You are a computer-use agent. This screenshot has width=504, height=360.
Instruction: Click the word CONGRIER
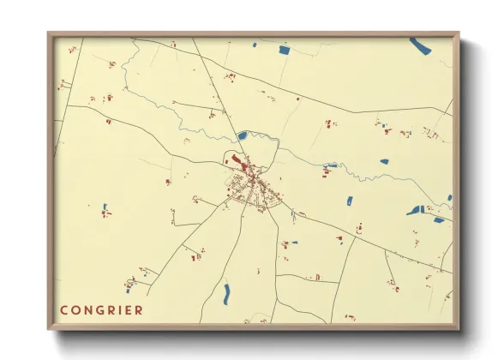pos(101,309)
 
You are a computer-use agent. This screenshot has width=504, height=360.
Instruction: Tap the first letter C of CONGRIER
pos(63,309)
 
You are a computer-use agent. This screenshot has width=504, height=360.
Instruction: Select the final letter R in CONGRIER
pos(139,309)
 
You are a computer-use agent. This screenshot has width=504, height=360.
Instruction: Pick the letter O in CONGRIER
pos(75,309)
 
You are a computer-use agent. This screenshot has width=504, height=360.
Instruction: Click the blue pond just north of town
pos(242,135)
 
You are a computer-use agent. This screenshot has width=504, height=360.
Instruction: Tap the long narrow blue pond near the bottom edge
pos(226,294)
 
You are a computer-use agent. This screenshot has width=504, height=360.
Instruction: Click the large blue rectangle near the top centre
pos(285,51)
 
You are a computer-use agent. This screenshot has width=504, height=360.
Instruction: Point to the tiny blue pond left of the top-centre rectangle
pos(255,45)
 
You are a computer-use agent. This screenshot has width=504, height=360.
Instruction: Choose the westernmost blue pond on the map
pos(105,208)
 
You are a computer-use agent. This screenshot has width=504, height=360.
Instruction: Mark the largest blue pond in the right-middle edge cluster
pos(417,210)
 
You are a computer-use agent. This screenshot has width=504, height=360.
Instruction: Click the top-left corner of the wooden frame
pos(50,34)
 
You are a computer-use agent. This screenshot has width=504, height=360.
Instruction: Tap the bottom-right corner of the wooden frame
pos(457,327)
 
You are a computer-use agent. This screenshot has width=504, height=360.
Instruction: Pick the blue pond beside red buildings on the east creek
pos(331,165)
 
